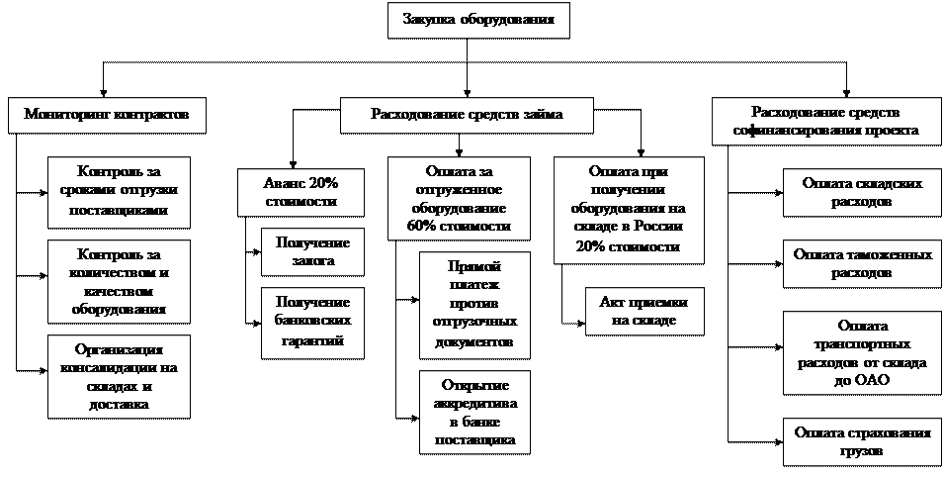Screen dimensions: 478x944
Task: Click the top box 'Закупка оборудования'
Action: [478, 20]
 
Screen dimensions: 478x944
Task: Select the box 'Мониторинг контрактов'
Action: [107, 114]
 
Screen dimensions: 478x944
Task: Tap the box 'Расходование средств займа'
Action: [467, 114]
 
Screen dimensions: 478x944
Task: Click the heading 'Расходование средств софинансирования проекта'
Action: [825, 121]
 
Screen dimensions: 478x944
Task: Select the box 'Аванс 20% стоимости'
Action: [300, 192]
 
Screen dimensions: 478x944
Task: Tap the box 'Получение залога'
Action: [312, 252]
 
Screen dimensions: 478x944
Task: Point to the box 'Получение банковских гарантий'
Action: [312, 322]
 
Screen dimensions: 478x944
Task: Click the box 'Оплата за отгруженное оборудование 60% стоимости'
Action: [458, 198]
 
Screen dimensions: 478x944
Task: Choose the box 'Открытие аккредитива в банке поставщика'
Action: [473, 412]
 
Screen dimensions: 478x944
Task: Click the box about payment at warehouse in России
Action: [629, 210]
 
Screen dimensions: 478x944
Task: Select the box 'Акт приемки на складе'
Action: [644, 311]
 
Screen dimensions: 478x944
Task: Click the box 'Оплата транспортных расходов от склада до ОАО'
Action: [857, 353]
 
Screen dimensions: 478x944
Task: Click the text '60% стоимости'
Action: [458, 227]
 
